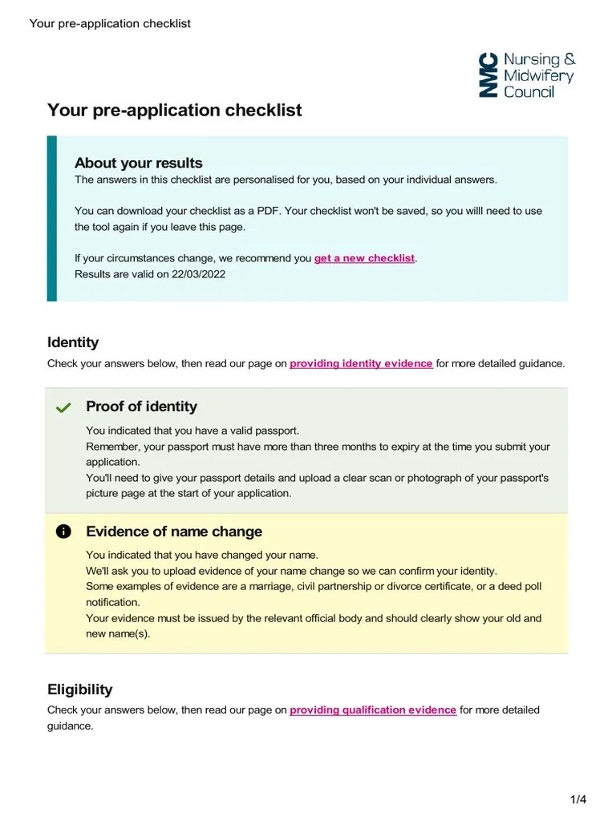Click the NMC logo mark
point(488,75)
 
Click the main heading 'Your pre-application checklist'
point(174,110)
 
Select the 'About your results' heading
point(138,163)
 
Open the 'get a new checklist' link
point(364,258)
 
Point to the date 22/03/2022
point(198,274)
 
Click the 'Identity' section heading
point(73,342)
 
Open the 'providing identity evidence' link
point(361,363)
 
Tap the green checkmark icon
point(63,408)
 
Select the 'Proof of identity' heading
point(141,406)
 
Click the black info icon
point(63,532)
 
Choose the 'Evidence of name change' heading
point(173,532)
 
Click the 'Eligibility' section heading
point(79,690)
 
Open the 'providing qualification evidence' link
point(373,710)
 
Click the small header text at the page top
point(110,23)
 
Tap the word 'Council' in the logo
point(529,92)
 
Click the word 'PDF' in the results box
point(268,211)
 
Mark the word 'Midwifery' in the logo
point(538,76)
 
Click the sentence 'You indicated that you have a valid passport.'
point(192,431)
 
